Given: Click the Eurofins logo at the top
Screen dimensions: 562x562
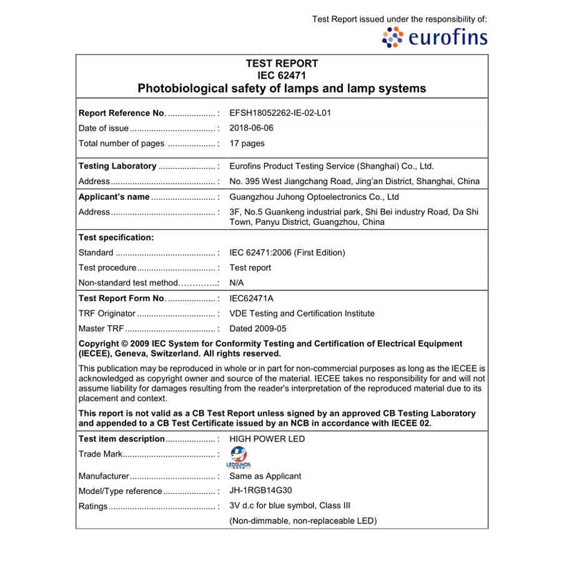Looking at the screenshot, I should point(435,37).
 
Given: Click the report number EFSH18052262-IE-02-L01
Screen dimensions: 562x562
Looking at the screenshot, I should point(280,113).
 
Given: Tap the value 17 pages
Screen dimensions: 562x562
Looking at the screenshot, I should point(247,143).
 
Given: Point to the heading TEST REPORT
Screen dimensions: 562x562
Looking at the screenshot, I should point(282,64).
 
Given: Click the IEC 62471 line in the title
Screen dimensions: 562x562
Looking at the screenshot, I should point(282,76).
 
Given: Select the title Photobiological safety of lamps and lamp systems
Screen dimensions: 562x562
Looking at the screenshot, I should point(282,88).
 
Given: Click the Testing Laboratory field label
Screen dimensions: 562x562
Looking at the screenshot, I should point(117,166).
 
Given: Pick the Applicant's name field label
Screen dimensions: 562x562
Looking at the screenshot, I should point(114,197).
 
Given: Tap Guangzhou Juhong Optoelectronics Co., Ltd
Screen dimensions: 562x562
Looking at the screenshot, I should point(314,197).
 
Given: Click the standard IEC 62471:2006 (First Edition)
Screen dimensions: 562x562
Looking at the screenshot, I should point(287,253).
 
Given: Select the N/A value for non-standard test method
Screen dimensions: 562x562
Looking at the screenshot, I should point(237,283).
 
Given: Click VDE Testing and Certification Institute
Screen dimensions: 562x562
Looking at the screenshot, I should point(302,313).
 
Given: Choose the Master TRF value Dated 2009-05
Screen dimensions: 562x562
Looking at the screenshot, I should point(258,328).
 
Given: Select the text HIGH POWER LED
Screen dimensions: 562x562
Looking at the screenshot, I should point(267,439).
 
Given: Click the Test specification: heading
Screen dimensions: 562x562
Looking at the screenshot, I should point(116,237).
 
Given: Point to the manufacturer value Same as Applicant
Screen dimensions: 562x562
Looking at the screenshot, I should point(265,476).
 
